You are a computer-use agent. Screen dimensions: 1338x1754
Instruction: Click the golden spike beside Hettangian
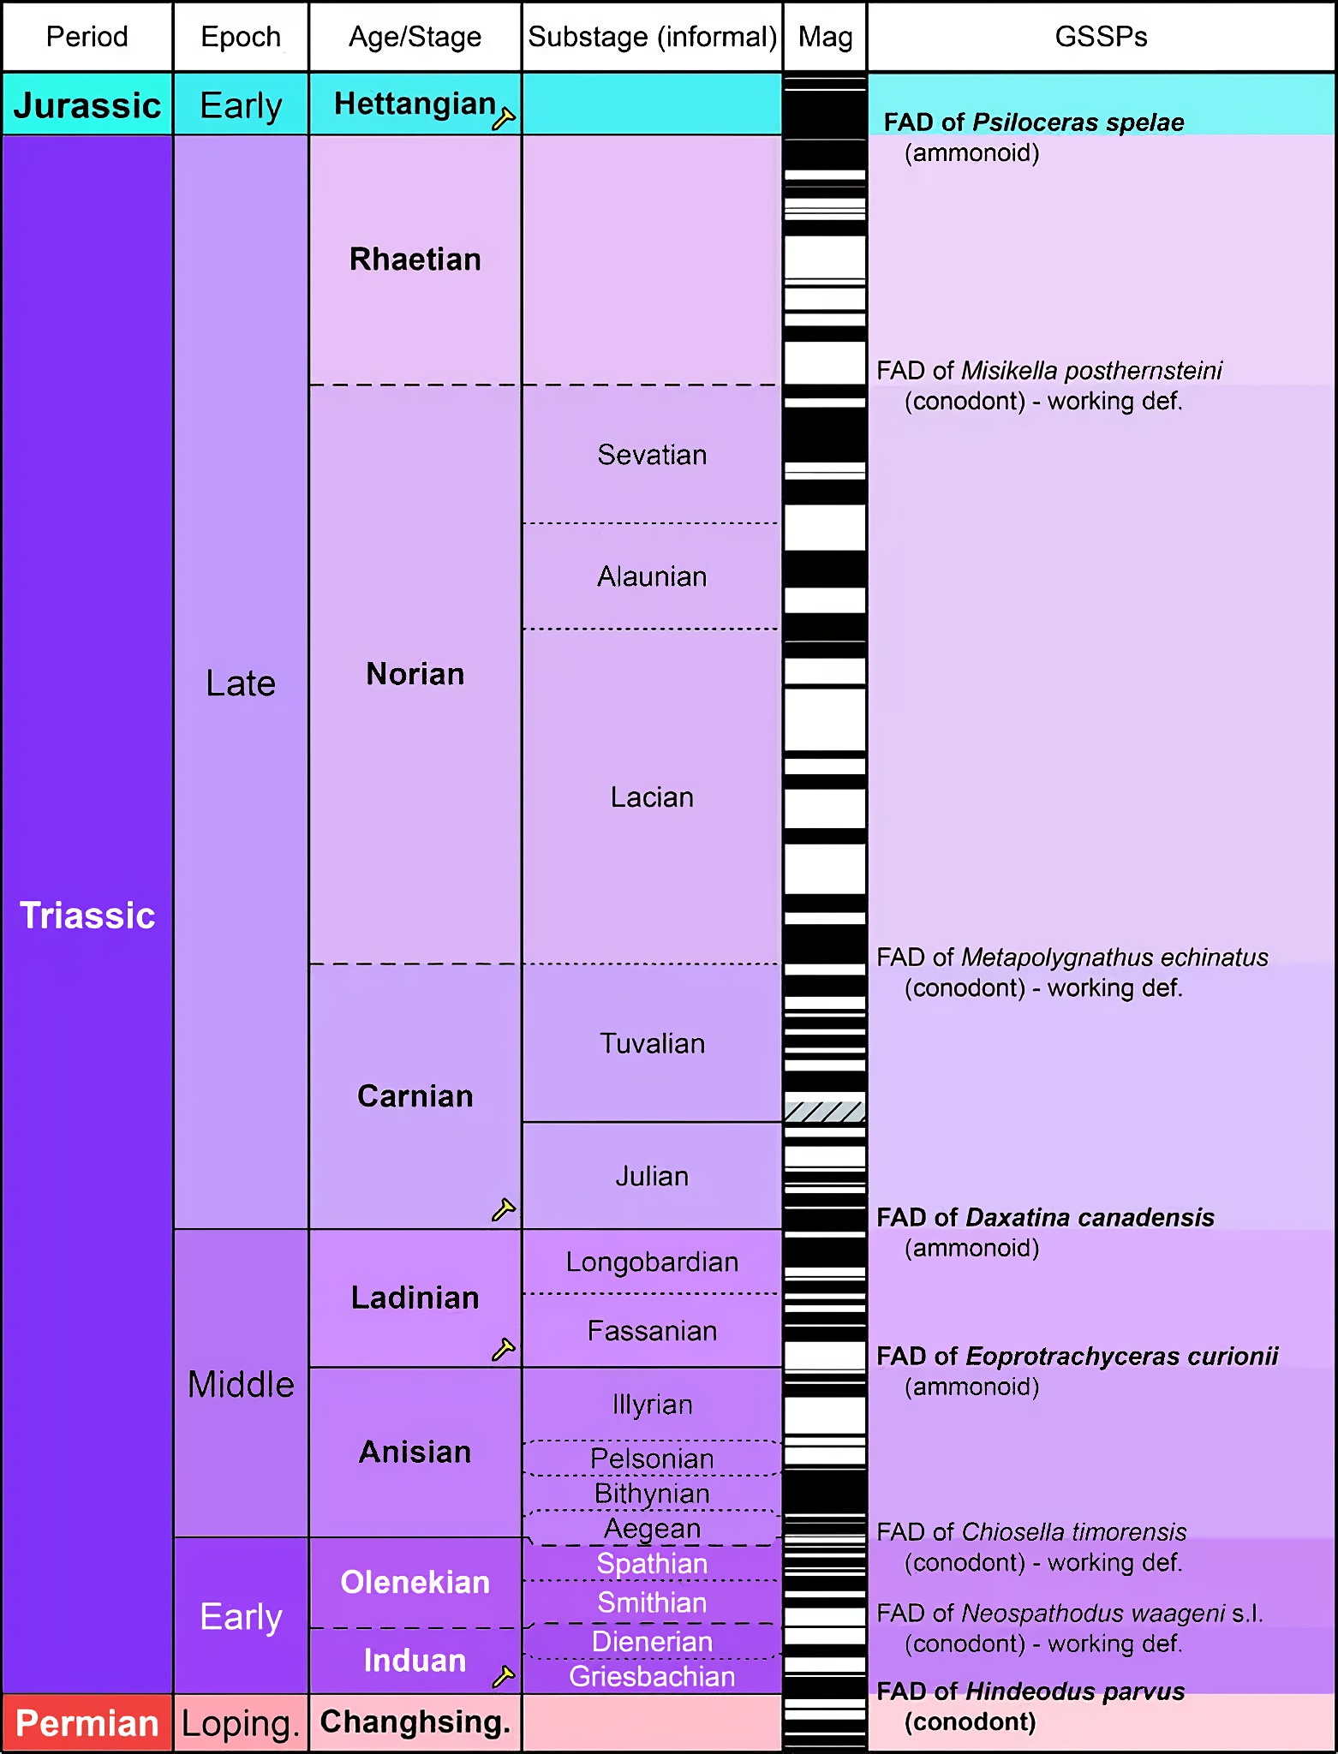[x=504, y=118]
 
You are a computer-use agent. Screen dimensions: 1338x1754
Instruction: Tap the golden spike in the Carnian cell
[x=504, y=1208]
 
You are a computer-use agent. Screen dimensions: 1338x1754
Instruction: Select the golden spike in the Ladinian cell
[x=504, y=1349]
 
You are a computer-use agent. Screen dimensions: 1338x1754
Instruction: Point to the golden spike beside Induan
[x=504, y=1676]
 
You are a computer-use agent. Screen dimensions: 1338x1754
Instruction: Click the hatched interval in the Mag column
[x=825, y=1111]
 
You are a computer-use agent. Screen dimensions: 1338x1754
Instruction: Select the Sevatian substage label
[x=652, y=455]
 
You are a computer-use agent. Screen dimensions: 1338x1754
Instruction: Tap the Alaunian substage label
[x=652, y=576]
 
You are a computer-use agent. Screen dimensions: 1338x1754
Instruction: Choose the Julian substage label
[x=652, y=1176]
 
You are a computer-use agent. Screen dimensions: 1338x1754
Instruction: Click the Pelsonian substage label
[x=652, y=1459]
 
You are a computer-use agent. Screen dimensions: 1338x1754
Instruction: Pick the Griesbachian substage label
[x=652, y=1676]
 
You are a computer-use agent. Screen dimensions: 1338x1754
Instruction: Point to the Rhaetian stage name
[x=415, y=260]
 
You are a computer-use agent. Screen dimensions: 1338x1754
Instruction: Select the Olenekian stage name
[x=415, y=1582]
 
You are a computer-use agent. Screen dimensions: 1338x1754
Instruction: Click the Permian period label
[x=87, y=1723]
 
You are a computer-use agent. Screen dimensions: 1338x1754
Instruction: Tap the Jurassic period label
[x=87, y=105]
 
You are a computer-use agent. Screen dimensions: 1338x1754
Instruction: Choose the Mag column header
[x=825, y=37]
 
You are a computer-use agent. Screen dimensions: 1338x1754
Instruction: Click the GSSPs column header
[x=1101, y=37]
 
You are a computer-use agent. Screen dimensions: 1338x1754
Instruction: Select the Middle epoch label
[x=241, y=1384]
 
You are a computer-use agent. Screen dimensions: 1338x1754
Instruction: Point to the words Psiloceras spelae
[x=1078, y=122]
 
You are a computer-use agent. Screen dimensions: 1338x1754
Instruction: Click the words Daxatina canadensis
[x=1090, y=1217]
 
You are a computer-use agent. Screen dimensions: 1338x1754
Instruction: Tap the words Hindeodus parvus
[x=1075, y=1691]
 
